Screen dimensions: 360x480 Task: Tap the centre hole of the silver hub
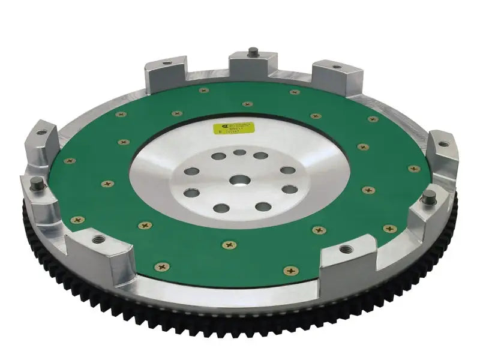pos(239,179)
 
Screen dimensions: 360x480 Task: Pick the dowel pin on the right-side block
pos(430,197)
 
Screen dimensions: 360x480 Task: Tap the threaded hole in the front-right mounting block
pos(346,248)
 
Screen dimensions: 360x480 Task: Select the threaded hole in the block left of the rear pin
pos(166,62)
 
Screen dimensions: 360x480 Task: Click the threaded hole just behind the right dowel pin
pos(443,144)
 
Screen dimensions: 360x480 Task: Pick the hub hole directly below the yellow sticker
pos(239,152)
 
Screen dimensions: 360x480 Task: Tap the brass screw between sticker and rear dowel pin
pos(247,104)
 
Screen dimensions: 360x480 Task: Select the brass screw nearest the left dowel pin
pos(77,220)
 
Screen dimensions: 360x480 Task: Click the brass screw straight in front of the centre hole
pos(229,245)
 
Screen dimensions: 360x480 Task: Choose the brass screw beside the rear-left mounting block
pos(203,90)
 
